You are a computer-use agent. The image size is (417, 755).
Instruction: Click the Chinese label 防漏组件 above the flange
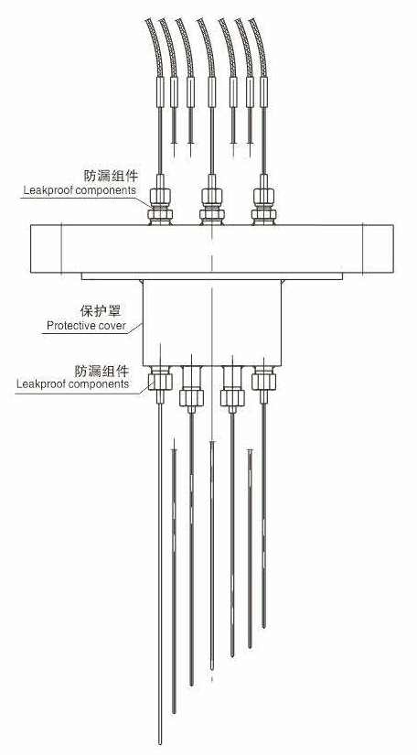pos(111,176)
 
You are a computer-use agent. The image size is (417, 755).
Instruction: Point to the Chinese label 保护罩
pos(100,310)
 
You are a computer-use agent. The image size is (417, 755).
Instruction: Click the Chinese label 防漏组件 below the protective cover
pos(102,371)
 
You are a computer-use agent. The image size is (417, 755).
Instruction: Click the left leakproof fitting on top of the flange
pos(161,204)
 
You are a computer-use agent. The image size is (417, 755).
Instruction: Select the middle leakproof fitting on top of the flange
pos(211,204)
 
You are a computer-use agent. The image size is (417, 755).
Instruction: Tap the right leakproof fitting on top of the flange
pos(263,204)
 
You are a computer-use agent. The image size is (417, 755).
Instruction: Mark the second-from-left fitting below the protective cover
pos(191,389)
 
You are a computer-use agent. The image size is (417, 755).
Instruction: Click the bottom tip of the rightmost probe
pos(263,627)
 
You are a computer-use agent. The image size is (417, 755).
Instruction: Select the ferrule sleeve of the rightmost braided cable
pos(263,92)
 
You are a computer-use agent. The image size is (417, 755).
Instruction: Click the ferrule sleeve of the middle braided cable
pos(212,92)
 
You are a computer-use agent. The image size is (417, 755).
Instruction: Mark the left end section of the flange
pos(46,248)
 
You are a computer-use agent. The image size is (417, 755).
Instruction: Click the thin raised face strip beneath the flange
pos(212,276)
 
